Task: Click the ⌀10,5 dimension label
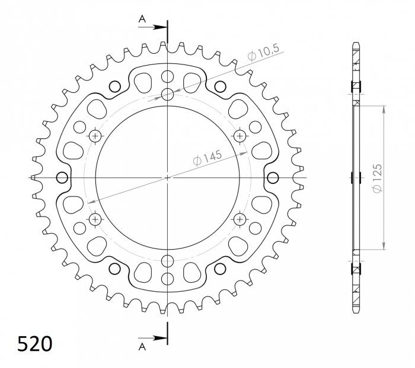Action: click(x=263, y=53)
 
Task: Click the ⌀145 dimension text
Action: click(x=208, y=158)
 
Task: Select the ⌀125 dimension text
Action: click(x=377, y=178)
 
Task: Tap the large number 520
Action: click(x=34, y=344)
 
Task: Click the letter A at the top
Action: click(x=142, y=19)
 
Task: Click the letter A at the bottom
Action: click(x=142, y=347)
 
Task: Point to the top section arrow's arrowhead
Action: click(x=161, y=27)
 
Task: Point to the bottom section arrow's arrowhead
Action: click(x=161, y=338)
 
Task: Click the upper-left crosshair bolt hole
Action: click(x=95, y=136)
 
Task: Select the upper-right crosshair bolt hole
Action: click(x=240, y=136)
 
